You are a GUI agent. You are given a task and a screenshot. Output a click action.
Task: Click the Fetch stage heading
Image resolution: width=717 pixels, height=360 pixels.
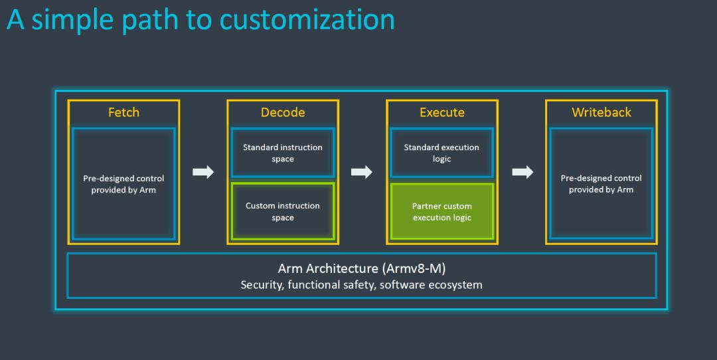(x=123, y=112)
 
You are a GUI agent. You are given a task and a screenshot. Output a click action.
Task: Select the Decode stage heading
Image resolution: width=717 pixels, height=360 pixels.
(x=283, y=112)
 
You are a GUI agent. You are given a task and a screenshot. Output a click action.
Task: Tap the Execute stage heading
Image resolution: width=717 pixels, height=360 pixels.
(x=442, y=112)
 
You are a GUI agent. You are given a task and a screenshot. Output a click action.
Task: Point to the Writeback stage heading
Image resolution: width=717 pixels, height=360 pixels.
(x=601, y=112)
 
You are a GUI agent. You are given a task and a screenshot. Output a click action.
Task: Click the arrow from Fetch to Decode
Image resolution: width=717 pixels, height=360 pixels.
(x=203, y=173)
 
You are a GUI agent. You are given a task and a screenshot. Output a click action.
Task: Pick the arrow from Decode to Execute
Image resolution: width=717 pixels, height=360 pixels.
(x=362, y=173)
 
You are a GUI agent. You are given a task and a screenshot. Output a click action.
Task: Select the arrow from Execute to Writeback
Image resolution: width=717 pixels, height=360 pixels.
(x=522, y=173)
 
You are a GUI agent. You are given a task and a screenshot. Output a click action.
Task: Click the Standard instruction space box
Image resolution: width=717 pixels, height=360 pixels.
(x=283, y=153)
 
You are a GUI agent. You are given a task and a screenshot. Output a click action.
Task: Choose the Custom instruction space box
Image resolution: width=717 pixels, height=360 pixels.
(x=283, y=211)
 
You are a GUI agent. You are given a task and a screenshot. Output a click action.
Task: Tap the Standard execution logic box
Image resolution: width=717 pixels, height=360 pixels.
(x=441, y=153)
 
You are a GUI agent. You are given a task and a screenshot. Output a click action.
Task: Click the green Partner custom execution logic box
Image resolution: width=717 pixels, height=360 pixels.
(x=442, y=211)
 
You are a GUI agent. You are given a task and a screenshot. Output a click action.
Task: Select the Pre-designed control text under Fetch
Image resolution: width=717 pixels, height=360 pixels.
(x=123, y=184)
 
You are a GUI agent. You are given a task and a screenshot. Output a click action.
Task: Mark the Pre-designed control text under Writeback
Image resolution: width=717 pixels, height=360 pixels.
(x=601, y=184)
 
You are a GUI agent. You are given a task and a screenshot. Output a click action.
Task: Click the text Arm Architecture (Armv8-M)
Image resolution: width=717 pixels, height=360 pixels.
(x=361, y=269)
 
